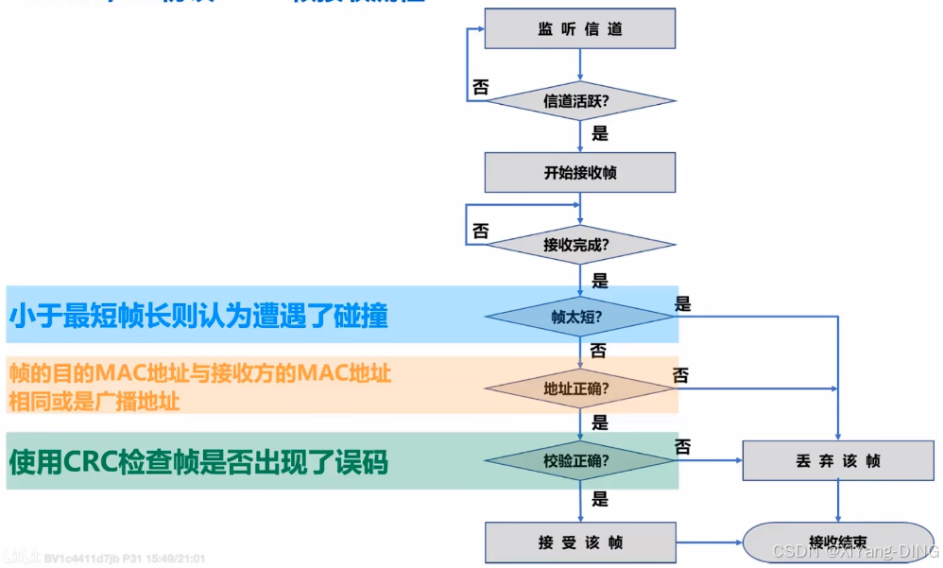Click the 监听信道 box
click(579, 29)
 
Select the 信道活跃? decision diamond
click(579, 101)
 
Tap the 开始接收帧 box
click(579, 172)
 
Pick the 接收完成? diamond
click(579, 245)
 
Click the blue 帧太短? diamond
click(579, 317)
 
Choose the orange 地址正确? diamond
click(579, 388)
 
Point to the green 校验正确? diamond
click(579, 461)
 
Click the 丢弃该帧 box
click(838, 461)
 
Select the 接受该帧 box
click(579, 542)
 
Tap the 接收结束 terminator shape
click(838, 542)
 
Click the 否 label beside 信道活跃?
click(480, 87)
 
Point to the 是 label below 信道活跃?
click(599, 133)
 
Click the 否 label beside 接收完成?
click(480, 232)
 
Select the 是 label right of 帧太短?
click(683, 303)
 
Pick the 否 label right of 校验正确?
click(683, 444)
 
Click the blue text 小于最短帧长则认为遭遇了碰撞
click(198, 316)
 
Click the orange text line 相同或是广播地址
click(94, 401)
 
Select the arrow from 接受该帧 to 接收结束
click(709, 542)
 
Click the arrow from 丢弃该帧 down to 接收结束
click(838, 501)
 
